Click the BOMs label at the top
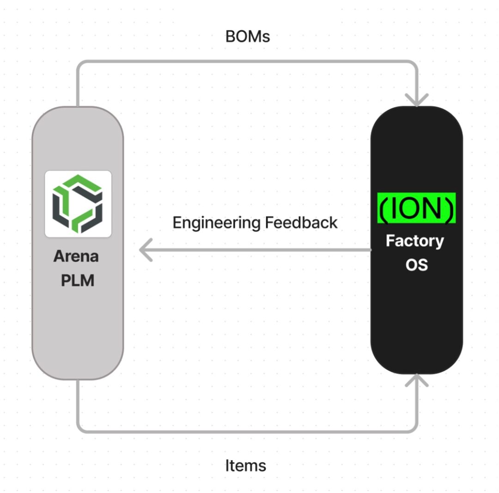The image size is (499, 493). pos(247,36)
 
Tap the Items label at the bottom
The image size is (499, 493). pos(245,465)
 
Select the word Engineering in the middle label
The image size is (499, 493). pos(216,223)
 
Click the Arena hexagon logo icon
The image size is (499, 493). pos(78,204)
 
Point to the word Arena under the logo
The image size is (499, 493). pos(76,256)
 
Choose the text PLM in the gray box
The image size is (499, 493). pos(78,280)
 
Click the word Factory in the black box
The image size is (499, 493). pos(415,241)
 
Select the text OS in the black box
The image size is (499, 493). pos(416,265)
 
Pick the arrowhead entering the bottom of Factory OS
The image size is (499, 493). pos(417,379)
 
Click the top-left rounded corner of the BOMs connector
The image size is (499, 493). pos(79,64)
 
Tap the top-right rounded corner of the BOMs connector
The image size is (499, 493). pos(414,64)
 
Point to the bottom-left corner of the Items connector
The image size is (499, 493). pos(79,429)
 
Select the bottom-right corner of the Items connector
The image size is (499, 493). pos(414,429)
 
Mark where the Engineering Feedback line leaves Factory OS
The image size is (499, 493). pos(371,250)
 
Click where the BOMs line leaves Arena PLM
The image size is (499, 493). pos(77,106)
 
